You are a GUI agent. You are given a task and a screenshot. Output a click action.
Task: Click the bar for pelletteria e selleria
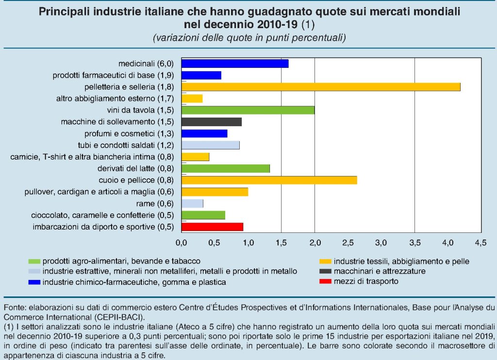(x=320, y=87)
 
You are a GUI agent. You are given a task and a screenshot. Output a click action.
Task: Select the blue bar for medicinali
(x=235, y=64)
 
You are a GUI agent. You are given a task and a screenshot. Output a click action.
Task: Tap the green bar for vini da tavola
(x=248, y=110)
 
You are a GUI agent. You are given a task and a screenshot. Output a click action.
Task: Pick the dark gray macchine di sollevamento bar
(x=211, y=122)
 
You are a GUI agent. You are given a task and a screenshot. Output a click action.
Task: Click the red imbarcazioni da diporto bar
(x=212, y=227)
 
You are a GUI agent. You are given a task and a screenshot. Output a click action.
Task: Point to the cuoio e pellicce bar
(x=269, y=180)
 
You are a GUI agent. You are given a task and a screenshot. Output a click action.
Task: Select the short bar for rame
(x=192, y=203)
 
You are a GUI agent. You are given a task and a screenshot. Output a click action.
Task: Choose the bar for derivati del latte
(x=225, y=168)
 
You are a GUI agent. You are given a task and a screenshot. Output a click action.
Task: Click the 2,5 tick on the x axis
(x=348, y=242)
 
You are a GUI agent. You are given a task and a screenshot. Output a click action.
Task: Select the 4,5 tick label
(x=480, y=242)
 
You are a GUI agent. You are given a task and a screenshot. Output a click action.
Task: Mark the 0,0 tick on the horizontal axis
(x=181, y=242)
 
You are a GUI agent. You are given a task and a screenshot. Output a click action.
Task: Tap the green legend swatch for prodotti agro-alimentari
(x=34, y=262)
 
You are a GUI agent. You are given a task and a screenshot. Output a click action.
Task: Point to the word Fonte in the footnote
(x=15, y=307)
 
